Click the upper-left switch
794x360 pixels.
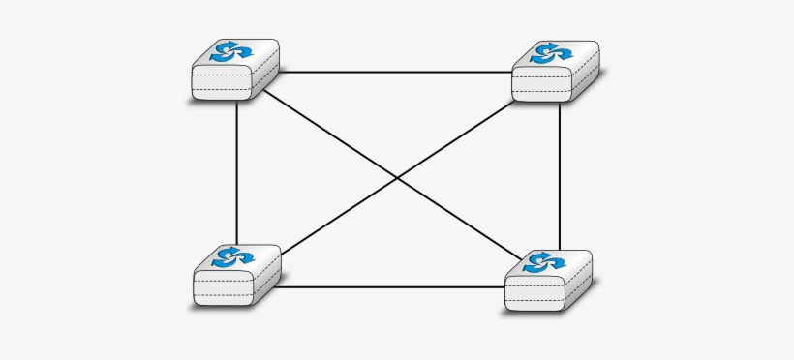235,70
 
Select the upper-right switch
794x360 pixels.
555,71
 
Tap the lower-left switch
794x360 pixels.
236,275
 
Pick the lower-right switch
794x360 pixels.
548,281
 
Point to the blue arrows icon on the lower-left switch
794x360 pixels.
233,256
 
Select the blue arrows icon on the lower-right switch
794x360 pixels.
544,261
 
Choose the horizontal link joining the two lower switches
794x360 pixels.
392,286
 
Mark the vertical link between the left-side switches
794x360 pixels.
237,174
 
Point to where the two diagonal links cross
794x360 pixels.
397,177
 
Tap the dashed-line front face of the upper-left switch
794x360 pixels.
222,84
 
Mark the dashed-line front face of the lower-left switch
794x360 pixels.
223,289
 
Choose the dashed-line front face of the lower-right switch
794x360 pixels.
534,294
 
